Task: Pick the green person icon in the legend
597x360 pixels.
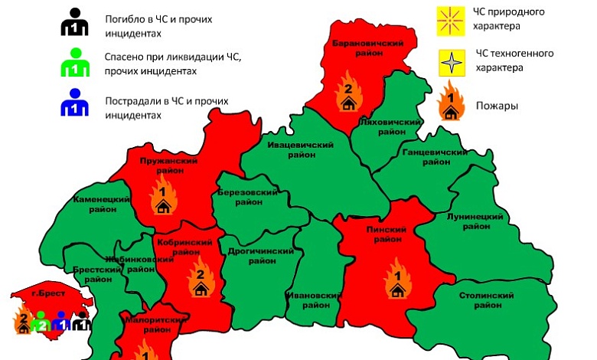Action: pos(74,64)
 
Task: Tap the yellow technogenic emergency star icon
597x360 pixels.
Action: pos(452,61)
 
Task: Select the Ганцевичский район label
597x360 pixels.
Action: pos(434,157)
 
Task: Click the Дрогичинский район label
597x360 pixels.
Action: pos(262,256)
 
